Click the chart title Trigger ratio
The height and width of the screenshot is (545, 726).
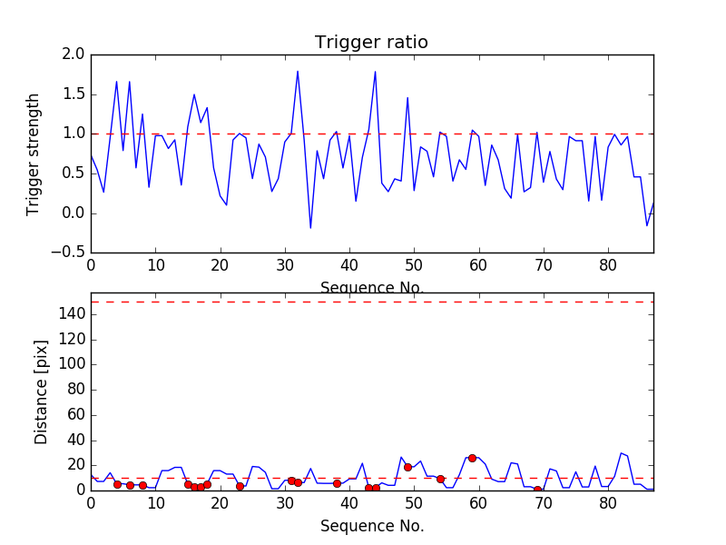(371, 43)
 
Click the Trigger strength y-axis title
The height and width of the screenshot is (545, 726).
(34, 154)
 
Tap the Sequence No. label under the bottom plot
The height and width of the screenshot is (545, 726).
(372, 526)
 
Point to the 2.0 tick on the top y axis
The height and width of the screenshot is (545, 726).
(74, 54)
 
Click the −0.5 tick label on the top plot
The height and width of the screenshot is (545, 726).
(69, 253)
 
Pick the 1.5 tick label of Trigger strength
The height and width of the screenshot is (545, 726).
(74, 94)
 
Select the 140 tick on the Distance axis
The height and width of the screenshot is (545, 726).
(71, 314)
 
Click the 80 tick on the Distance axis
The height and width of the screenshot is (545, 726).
(74, 390)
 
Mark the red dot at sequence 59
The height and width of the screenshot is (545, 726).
(472, 458)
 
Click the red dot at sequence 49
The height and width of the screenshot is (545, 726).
(407, 467)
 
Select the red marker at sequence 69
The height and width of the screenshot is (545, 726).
(537, 490)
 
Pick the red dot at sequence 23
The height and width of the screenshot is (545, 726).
(240, 486)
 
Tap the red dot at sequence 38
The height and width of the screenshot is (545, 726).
(337, 483)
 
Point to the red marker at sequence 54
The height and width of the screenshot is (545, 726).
(440, 479)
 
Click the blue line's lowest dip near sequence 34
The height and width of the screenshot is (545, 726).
(310, 228)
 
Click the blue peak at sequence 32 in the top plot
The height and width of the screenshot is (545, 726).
(298, 71)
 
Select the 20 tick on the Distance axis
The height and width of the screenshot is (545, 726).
(74, 465)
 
